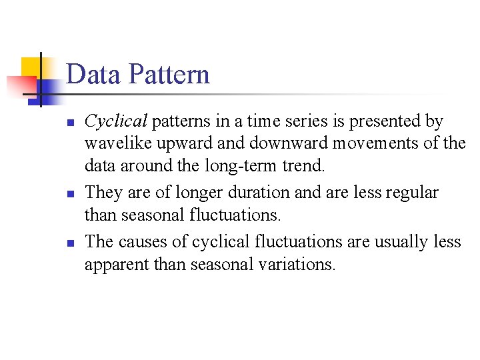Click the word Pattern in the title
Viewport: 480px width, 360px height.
click(172, 75)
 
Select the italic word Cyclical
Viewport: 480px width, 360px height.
click(116, 122)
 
